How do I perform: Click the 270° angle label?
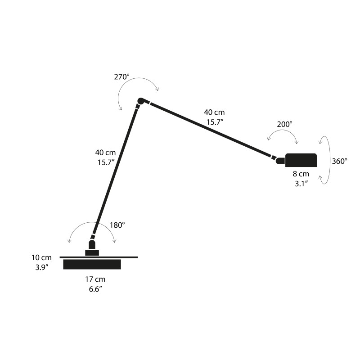[121, 76]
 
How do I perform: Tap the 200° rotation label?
[284, 123]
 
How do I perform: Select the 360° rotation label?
[339, 161]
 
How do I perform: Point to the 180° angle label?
[117, 225]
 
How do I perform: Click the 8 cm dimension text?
[301, 174]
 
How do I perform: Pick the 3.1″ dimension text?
[301, 183]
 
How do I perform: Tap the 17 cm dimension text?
[95, 279]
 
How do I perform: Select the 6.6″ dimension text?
[95, 289]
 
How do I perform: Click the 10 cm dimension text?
[42, 258]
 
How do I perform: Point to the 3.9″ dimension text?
[42, 267]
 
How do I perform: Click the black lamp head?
[301, 160]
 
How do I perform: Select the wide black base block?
[92, 264]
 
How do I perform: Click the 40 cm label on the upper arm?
[214, 112]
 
